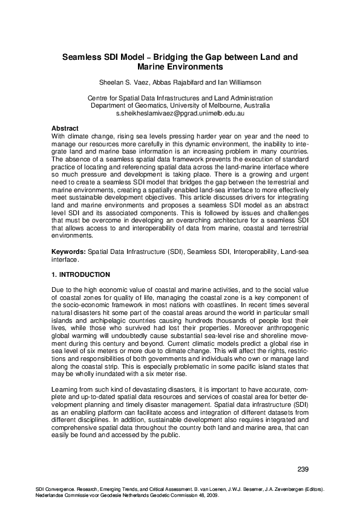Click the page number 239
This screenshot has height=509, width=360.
click(303, 470)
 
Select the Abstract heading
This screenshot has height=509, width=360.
click(65, 129)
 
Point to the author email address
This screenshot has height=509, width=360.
click(180, 113)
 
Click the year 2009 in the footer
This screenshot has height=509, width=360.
click(210, 494)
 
